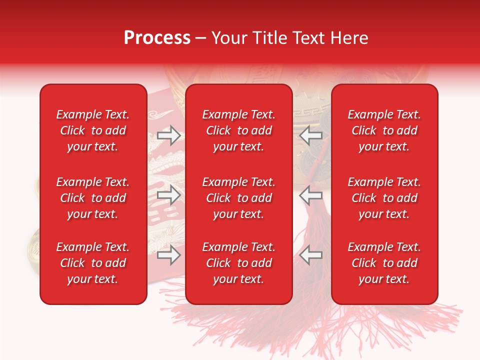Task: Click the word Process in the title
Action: point(157,38)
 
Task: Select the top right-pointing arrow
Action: point(168,135)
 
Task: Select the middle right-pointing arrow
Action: point(168,195)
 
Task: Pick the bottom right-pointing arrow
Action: point(168,255)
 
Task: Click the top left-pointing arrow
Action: point(311,135)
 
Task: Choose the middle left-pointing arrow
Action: point(311,195)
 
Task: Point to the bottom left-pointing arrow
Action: point(311,255)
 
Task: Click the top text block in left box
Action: point(93,130)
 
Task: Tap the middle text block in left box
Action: point(93,198)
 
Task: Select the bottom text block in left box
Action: point(93,263)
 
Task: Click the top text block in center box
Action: point(238,130)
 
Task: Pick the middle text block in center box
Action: point(238,198)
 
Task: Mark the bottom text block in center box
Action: point(238,263)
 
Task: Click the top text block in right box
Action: point(384,130)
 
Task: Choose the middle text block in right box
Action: point(384,198)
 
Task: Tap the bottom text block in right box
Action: point(384,263)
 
